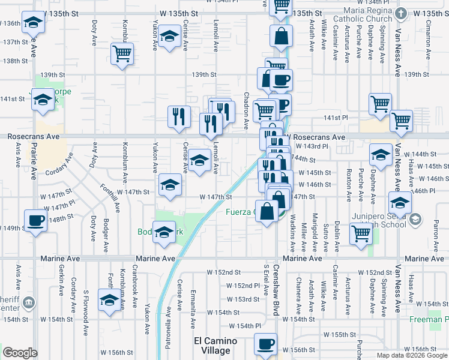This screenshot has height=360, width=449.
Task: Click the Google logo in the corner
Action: tap(20, 353)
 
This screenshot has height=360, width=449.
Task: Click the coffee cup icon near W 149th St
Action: tap(35, 220)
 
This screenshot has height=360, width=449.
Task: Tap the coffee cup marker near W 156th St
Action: tap(265, 344)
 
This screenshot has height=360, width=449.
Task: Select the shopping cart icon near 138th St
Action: tap(122, 54)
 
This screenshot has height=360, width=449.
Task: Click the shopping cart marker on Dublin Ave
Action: tap(361, 233)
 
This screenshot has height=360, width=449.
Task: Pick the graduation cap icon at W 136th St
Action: tap(34, 23)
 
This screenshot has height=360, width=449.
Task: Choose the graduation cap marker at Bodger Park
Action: tap(163, 232)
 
